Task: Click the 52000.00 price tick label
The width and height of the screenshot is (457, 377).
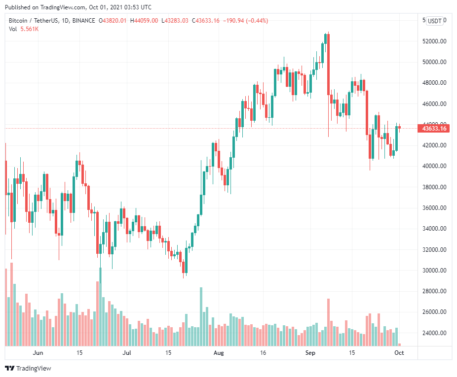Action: click(434, 41)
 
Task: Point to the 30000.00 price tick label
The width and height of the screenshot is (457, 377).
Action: click(434, 271)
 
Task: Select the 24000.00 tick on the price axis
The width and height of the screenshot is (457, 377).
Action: click(434, 333)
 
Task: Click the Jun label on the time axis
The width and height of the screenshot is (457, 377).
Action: click(38, 353)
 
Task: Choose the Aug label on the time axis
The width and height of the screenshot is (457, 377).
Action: click(219, 353)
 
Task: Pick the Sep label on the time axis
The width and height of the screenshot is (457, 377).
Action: click(310, 353)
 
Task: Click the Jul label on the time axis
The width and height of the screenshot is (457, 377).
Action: click(127, 353)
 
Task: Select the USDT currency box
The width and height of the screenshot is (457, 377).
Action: click(435, 21)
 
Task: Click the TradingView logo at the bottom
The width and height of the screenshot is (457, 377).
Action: click(28, 368)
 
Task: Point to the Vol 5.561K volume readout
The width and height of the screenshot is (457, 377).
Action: click(24, 29)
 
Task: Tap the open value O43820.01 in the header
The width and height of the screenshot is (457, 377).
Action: click(113, 21)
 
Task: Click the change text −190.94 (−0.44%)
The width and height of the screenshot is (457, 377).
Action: click(246, 21)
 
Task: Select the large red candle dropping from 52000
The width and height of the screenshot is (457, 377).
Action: click(328, 64)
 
